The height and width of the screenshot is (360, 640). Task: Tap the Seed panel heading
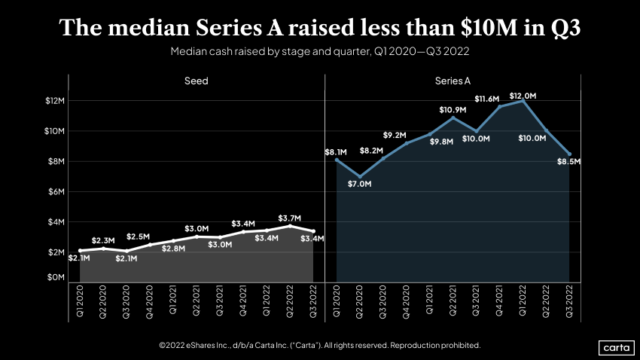pos(197,81)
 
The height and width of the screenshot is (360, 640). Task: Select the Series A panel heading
pos(453,81)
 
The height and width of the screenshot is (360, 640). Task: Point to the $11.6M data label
pos(487,99)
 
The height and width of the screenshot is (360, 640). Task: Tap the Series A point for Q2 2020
pos(360,176)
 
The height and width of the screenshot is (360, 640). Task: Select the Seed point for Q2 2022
pos(290,226)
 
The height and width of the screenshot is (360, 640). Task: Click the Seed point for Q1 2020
pos(80,250)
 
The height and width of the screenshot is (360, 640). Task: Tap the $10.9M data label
pos(453,109)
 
